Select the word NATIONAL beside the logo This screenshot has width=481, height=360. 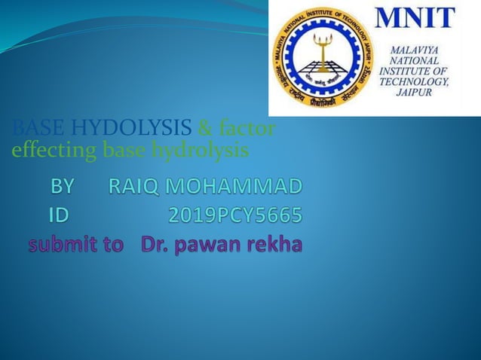click(x=415, y=60)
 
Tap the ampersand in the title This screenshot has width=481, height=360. click(x=205, y=130)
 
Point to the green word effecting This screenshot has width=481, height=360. click(x=54, y=151)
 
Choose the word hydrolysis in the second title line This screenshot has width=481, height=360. click(x=200, y=151)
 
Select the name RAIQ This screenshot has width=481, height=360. click(x=136, y=185)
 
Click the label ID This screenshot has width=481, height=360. click(x=57, y=216)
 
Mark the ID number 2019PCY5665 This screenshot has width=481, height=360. click(x=234, y=216)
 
